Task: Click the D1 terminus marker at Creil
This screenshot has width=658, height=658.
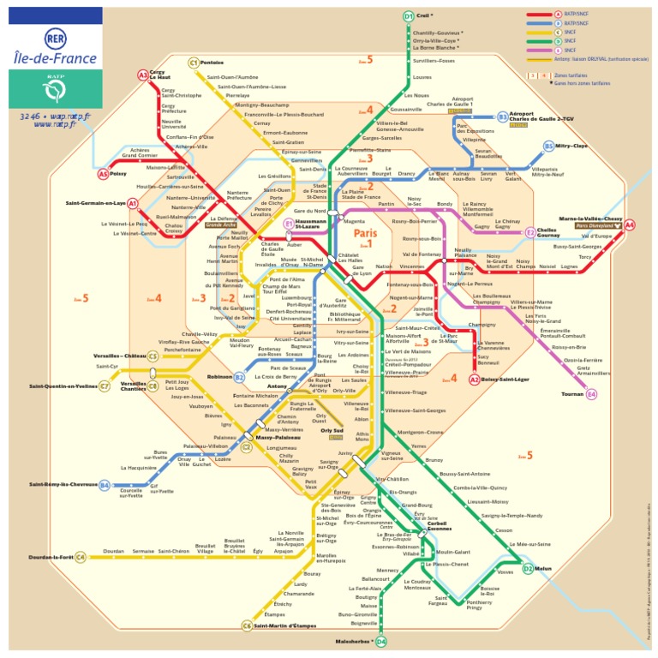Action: click(x=409, y=16)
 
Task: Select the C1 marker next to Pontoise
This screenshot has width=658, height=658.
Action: click(x=194, y=63)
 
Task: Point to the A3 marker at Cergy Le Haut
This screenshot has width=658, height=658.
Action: click(x=143, y=75)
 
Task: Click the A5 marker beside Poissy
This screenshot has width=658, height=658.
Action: click(x=103, y=174)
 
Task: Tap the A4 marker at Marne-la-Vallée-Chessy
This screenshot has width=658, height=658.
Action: click(x=630, y=225)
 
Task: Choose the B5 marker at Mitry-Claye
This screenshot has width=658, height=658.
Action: click(x=548, y=147)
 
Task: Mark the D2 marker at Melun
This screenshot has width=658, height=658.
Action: click(x=528, y=569)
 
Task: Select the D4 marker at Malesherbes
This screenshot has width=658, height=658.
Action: click(x=381, y=641)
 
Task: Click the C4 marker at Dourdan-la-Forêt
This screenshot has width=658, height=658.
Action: click(x=81, y=558)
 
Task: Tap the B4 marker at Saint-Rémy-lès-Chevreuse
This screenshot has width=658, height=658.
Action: click(x=105, y=486)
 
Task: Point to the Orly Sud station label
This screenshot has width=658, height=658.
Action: click(x=332, y=431)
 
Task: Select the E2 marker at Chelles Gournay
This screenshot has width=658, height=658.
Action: click(x=530, y=232)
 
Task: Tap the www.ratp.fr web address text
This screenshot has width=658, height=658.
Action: click(x=54, y=123)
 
